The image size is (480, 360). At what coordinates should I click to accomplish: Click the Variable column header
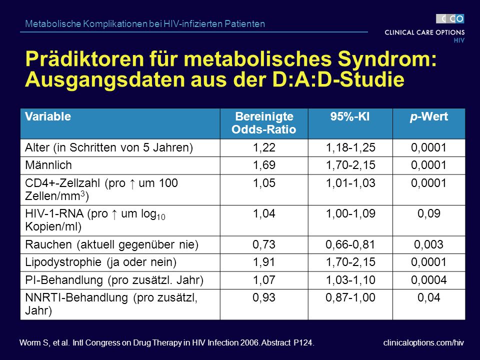48,116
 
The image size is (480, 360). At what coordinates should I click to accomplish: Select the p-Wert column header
429,116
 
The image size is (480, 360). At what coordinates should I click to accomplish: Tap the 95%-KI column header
350,116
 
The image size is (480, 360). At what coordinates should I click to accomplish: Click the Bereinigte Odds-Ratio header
264,123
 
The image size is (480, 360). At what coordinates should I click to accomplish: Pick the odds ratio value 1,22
264,148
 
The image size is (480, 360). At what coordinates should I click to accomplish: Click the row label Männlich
48,165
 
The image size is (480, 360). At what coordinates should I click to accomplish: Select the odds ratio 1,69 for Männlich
264,165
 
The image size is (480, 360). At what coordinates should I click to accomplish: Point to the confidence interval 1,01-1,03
350,183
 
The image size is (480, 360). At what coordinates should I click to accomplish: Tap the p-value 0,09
429,213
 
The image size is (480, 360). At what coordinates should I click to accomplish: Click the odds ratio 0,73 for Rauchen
264,244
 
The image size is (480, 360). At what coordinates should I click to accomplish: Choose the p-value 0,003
428,244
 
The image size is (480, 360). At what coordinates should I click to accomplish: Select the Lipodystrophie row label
100,262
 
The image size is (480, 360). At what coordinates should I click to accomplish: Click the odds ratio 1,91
264,262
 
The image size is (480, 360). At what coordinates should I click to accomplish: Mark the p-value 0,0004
428,280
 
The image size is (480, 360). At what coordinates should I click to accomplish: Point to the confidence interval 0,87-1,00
350,297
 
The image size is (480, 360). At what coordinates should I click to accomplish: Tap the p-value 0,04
429,297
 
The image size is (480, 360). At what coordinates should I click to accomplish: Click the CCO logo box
450,19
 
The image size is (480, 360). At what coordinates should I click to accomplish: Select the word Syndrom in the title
387,59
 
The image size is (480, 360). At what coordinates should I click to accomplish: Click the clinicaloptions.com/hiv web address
423,343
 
